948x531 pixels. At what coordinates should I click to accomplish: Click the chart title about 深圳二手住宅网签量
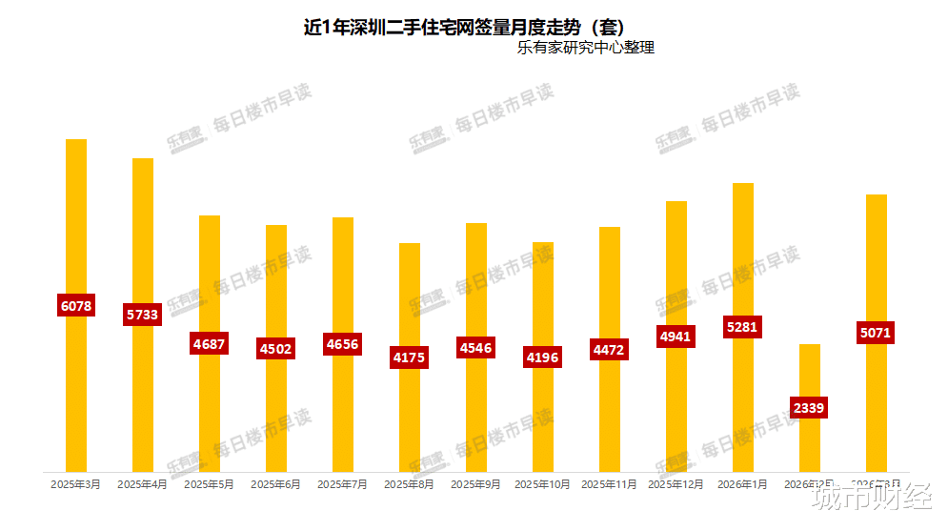coord(463,27)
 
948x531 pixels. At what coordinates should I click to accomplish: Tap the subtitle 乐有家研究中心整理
coord(585,48)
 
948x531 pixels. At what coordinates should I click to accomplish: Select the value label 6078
coord(76,306)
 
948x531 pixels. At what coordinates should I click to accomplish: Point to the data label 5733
coord(143,315)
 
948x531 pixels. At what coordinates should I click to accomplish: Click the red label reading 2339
coord(809,408)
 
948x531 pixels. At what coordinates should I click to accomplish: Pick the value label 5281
coord(743,327)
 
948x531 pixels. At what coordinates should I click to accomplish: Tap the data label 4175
coord(410,357)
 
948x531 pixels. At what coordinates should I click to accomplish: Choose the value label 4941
coord(676,336)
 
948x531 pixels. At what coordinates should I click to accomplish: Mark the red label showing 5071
coord(877,334)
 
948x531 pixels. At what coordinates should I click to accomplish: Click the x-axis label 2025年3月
coord(76,484)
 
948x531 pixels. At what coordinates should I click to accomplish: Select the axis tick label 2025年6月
coord(276,484)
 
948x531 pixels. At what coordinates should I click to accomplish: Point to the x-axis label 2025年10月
coord(543,484)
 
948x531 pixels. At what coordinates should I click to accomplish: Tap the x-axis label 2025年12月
coord(676,484)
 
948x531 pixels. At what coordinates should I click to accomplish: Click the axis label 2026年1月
coord(743,484)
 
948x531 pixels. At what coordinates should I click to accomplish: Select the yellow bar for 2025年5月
coord(210,276)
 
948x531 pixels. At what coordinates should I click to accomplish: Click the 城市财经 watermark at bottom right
coord(871,498)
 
